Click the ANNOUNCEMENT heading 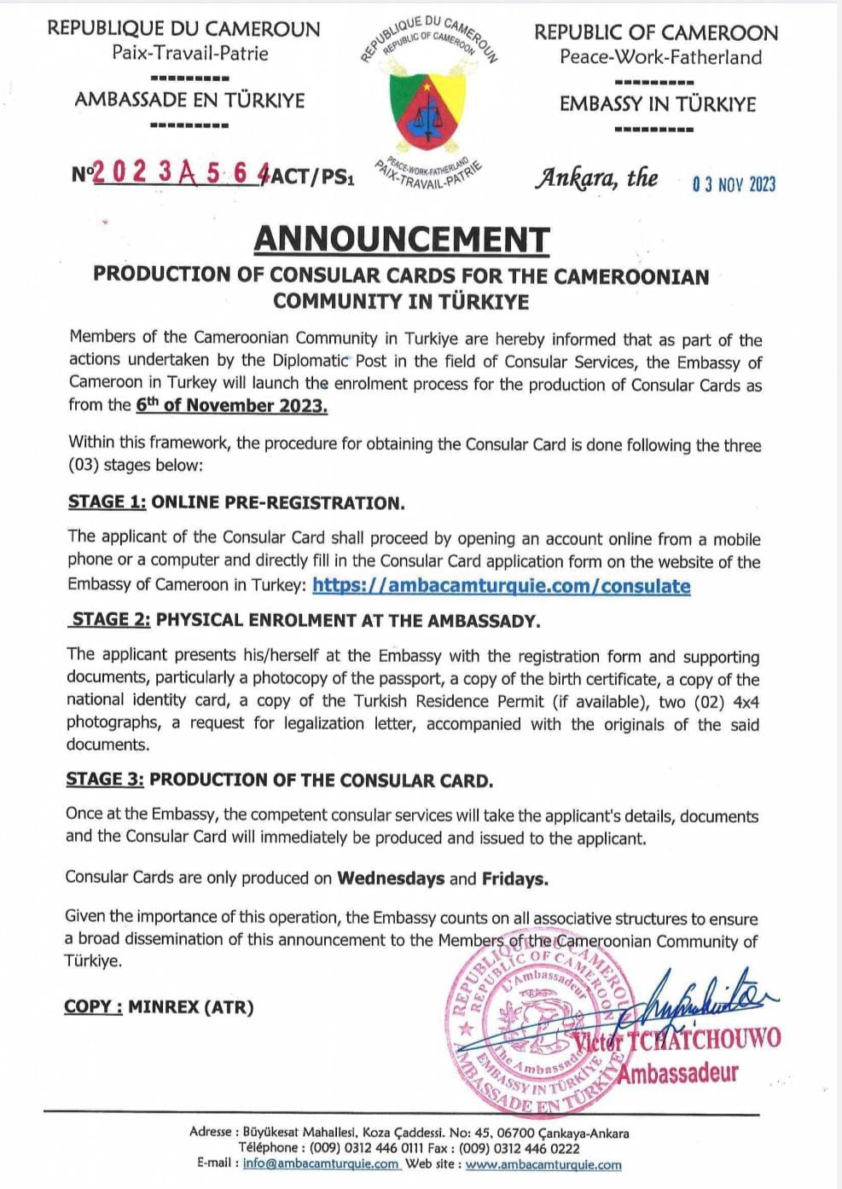point(401,239)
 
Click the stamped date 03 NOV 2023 point(734,184)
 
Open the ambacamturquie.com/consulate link point(501,586)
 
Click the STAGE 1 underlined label point(107,502)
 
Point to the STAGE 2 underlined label point(111,620)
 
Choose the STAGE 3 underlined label point(104,780)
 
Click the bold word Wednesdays point(391,879)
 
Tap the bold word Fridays point(514,879)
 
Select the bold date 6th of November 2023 point(231,406)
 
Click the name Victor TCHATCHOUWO point(677,1040)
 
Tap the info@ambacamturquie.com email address point(321,1163)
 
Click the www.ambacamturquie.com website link point(543,1164)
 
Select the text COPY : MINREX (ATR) point(159,1007)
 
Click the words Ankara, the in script point(596,178)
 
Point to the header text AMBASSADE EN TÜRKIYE point(189,100)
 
